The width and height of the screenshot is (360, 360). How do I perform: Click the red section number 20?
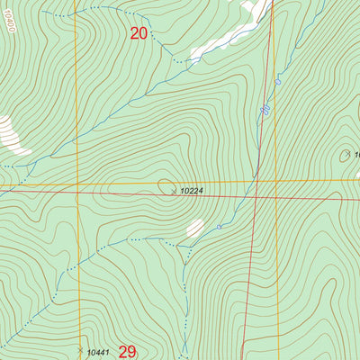[139, 33]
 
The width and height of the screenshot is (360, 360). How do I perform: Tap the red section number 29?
[127, 351]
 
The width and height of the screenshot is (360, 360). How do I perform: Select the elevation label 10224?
[190, 192]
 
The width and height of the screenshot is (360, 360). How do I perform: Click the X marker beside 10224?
[174, 191]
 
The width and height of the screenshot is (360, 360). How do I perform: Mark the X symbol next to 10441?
[81, 349]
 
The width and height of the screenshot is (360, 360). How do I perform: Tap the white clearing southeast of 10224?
[194, 229]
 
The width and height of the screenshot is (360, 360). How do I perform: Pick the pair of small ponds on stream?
[265, 110]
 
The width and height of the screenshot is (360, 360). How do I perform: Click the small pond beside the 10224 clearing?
[219, 227]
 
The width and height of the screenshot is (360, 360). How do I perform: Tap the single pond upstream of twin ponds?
[278, 82]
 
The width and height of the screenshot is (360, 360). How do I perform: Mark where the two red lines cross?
[256, 194]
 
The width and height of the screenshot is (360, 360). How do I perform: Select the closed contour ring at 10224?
[167, 186]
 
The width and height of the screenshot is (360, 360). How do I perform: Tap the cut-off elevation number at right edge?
[355, 155]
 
